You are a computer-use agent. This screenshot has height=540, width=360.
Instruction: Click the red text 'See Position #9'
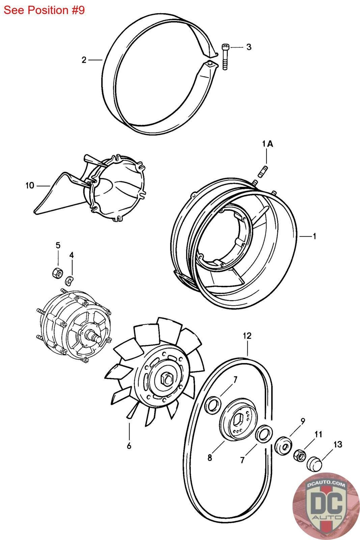(x=44, y=10)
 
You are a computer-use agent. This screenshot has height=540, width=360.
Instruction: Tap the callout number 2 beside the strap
(x=84, y=60)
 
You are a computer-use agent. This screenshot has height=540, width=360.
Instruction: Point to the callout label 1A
(x=267, y=144)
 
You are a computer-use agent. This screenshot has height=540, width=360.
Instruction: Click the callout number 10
(x=30, y=185)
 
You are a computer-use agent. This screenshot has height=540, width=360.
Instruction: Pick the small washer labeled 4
(x=70, y=280)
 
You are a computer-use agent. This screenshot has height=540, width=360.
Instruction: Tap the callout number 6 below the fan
(x=129, y=446)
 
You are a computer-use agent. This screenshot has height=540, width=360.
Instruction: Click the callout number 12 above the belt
(x=247, y=335)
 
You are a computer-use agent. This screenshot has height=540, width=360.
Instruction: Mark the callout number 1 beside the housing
(x=314, y=236)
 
